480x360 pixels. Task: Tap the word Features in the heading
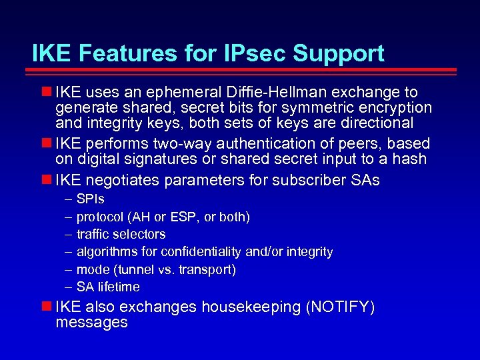click(x=119, y=53)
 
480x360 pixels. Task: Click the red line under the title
click(x=244, y=70)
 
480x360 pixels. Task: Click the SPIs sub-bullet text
click(x=90, y=199)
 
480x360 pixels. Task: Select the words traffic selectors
click(x=121, y=234)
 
